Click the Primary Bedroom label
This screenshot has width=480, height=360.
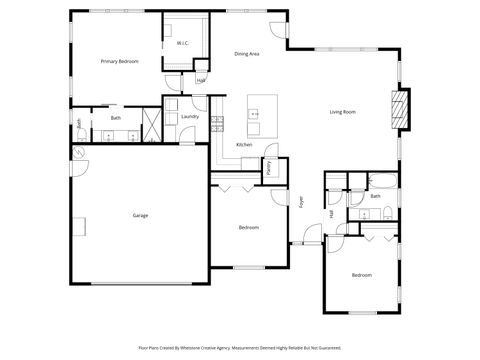click(x=119, y=62)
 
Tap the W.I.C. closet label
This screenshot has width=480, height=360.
click(x=183, y=44)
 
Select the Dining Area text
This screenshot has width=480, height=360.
click(x=247, y=54)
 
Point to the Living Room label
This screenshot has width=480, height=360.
click(x=343, y=112)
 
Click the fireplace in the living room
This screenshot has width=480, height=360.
click(x=402, y=108)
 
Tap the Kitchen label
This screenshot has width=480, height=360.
click(x=244, y=145)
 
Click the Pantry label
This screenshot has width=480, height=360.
click(x=271, y=168)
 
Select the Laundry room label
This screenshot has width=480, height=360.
click(x=190, y=117)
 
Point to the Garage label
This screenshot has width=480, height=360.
click(x=141, y=215)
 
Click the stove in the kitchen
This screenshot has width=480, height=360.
click(x=217, y=124)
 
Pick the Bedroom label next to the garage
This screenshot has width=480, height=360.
click(x=249, y=228)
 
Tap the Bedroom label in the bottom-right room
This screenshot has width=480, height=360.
click(x=361, y=274)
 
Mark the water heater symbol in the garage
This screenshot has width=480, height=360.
click(x=78, y=152)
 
